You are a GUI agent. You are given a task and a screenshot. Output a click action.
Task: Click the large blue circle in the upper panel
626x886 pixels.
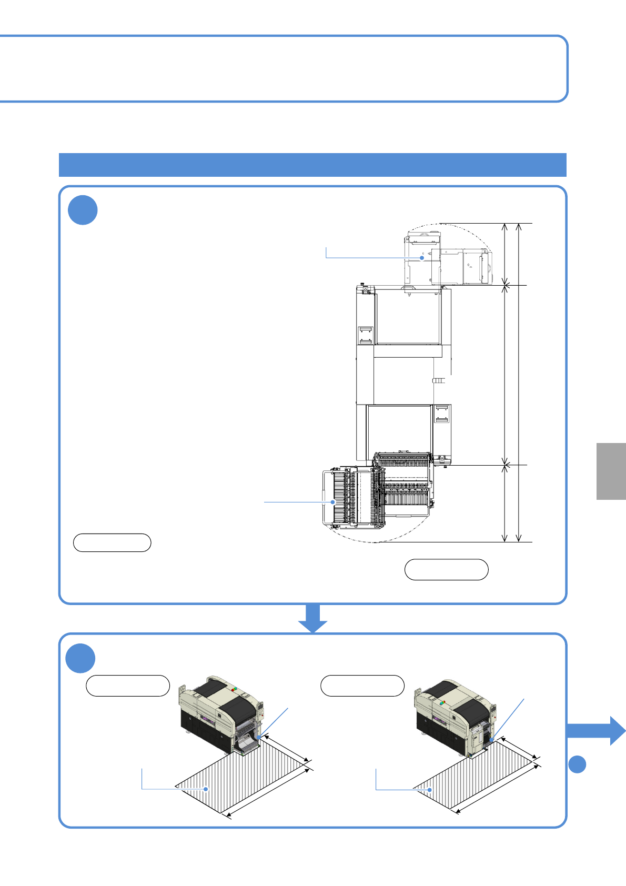(x=83, y=210)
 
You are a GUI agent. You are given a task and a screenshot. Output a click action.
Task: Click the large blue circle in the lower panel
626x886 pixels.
(x=80, y=658)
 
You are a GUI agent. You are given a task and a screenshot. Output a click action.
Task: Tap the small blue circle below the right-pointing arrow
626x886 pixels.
(x=577, y=764)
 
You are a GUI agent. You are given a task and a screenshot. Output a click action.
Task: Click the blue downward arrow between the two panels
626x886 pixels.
(x=313, y=618)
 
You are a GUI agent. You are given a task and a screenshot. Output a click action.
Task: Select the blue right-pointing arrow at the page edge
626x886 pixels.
(x=597, y=730)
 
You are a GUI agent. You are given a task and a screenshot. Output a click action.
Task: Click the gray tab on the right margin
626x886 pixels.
(x=611, y=471)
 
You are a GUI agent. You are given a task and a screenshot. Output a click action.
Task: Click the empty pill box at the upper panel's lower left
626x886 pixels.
(x=112, y=542)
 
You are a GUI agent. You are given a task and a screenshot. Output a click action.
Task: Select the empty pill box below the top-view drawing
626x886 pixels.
(x=447, y=569)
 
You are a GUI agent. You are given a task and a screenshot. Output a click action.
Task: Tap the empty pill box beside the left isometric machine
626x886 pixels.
(x=128, y=686)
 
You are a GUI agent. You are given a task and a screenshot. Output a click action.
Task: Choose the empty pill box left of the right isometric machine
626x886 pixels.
(x=362, y=686)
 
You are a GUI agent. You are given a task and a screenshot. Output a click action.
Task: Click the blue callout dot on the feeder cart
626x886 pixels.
(x=333, y=502)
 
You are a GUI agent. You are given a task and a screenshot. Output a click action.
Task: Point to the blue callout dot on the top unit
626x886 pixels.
(x=422, y=258)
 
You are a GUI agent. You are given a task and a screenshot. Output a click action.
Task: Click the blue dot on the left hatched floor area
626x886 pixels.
(x=206, y=789)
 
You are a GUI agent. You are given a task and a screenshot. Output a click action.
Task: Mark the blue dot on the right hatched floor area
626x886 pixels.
(x=430, y=790)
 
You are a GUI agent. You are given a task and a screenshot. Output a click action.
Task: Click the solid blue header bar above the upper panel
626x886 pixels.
(x=312, y=165)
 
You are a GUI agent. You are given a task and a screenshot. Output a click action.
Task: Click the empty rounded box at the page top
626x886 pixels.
(x=284, y=68)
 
